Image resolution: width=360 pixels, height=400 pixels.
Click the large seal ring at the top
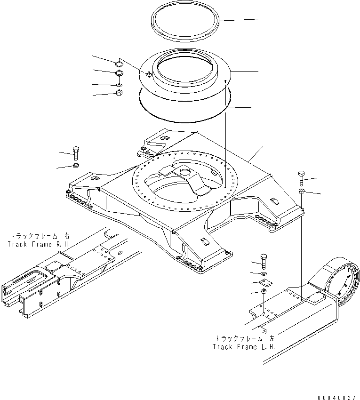(185, 22)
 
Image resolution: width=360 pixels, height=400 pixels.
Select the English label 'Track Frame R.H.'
(39, 244)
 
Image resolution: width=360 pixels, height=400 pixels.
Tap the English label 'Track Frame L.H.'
(244, 347)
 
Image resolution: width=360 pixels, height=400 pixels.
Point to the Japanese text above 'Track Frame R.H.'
(40, 236)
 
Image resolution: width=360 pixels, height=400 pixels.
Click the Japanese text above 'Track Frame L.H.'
(245, 338)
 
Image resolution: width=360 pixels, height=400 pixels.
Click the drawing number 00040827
(336, 398)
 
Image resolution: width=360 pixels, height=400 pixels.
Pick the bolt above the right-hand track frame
(76, 153)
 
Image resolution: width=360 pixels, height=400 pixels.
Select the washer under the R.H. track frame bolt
(76, 165)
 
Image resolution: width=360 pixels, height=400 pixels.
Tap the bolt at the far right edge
(301, 178)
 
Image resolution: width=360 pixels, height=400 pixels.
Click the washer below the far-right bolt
(301, 191)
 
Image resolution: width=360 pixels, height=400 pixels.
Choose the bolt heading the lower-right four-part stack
(264, 262)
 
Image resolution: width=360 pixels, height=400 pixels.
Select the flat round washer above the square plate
(264, 274)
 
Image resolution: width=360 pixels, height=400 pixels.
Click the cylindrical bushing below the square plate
(264, 291)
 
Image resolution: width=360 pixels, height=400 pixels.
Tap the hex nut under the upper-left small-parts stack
(119, 93)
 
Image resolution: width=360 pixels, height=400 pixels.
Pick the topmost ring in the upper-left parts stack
(119, 63)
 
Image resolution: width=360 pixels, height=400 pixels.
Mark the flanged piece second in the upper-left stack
(119, 73)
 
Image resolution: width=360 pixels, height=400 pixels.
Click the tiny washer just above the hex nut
(119, 85)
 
